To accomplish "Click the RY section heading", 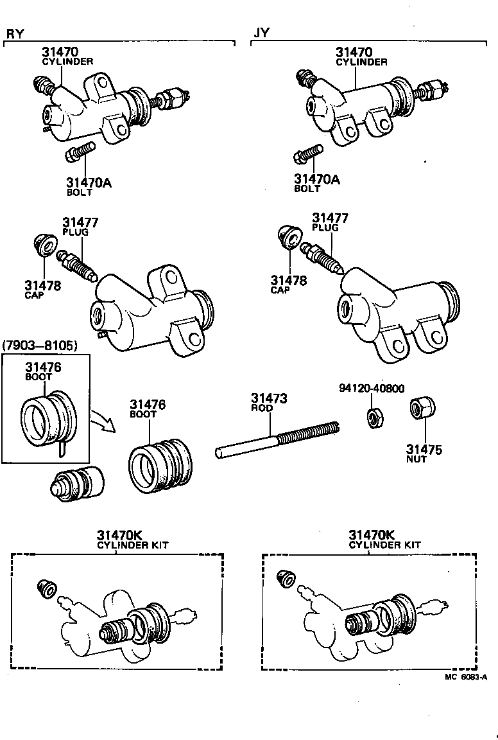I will click(15, 33).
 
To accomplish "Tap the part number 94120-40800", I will click(372, 389).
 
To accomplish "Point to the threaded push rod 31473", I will click(276, 437).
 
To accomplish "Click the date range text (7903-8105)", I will click(40, 346).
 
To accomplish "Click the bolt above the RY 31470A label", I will click(80, 154).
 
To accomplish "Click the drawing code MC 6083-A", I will click(466, 676).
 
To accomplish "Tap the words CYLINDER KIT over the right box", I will click(385, 545).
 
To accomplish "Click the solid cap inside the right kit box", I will click(286, 578).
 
